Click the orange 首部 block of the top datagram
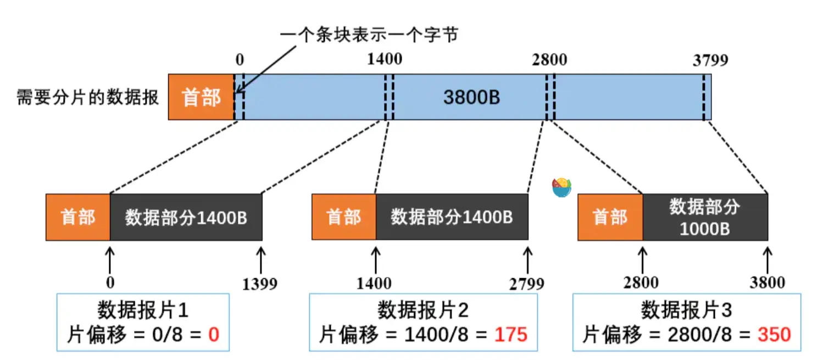[201, 97]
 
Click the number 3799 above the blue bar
[710, 60]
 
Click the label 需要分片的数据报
[88, 98]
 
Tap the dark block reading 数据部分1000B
[705, 217]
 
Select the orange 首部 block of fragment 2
[344, 217]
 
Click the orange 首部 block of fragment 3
[610, 217]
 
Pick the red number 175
[511, 335]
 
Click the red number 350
[774, 335]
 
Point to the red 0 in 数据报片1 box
[213, 335]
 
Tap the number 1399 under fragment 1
[260, 284]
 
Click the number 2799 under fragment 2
[526, 284]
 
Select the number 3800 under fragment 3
[767, 282]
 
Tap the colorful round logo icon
[561, 188]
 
